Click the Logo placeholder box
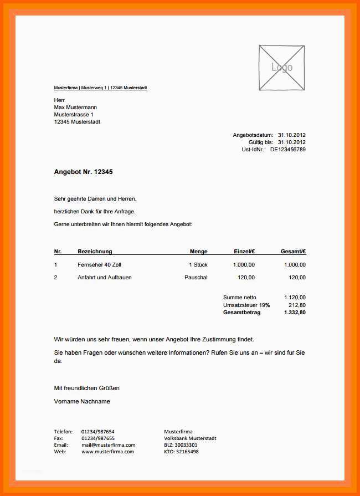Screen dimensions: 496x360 pyautogui.click(x=281, y=68)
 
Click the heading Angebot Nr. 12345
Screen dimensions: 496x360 pyautogui.click(x=83, y=172)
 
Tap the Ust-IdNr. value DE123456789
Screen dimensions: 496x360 pyautogui.click(x=287, y=149)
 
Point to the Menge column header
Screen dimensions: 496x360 pyautogui.click(x=198, y=252)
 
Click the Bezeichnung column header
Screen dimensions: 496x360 pyautogui.click(x=95, y=252)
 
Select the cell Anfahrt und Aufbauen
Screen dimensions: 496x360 pyautogui.click(x=105, y=277)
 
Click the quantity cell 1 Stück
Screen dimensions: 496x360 pyautogui.click(x=198, y=265)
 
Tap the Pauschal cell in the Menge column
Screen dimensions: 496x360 pyautogui.click(x=196, y=277)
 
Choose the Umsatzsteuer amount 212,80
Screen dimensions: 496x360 pyautogui.click(x=297, y=305)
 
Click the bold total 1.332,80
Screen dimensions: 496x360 pyautogui.click(x=294, y=313)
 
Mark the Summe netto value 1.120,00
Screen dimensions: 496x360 pyautogui.click(x=294, y=298)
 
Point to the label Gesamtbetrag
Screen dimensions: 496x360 pyautogui.click(x=241, y=313)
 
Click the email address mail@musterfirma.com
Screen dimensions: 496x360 pyautogui.click(x=108, y=445)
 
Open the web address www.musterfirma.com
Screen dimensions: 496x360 pyautogui.click(x=107, y=452)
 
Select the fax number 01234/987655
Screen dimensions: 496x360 pyautogui.click(x=98, y=438)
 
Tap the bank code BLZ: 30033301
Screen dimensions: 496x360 pyautogui.click(x=181, y=445)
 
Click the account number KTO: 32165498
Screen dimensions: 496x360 pyautogui.click(x=181, y=452)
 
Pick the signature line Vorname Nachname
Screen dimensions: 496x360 pyautogui.click(x=82, y=401)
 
